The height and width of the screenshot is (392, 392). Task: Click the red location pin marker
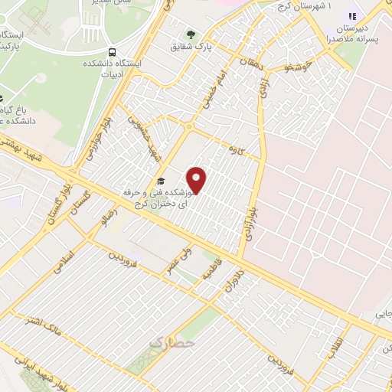pos(198,179)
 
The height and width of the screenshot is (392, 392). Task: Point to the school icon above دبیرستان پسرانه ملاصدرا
pos(353,16)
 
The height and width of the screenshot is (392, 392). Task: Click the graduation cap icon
pos(160,181)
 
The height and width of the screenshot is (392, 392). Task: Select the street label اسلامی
pos(64,260)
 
